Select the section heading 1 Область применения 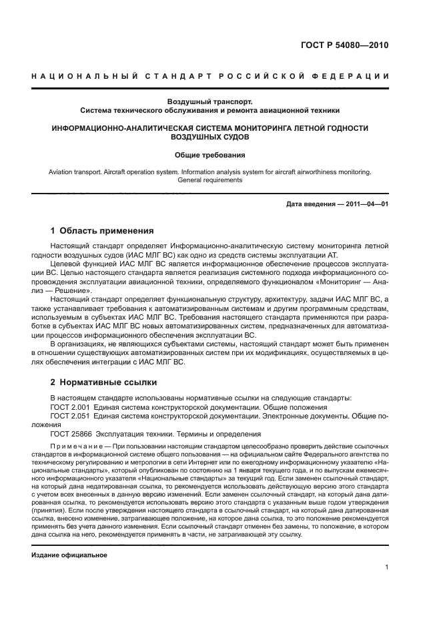coord(101,231)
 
